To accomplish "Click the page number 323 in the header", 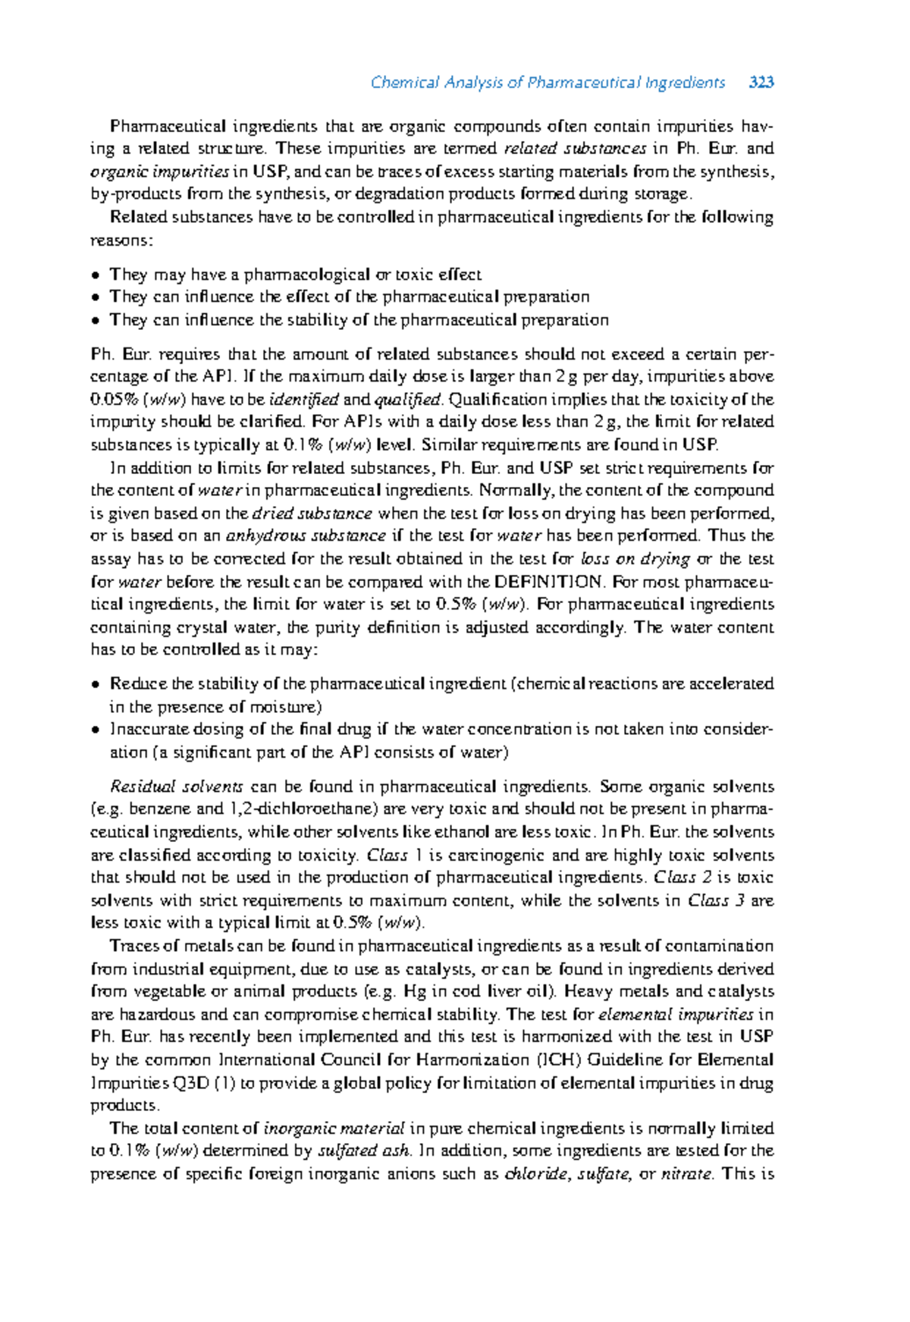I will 761,83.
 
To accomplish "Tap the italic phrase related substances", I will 575,148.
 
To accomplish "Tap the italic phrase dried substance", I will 312,513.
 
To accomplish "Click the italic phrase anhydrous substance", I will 306,536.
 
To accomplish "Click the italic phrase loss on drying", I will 635,559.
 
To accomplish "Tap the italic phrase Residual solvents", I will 177,787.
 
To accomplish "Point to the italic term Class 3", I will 716,901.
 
